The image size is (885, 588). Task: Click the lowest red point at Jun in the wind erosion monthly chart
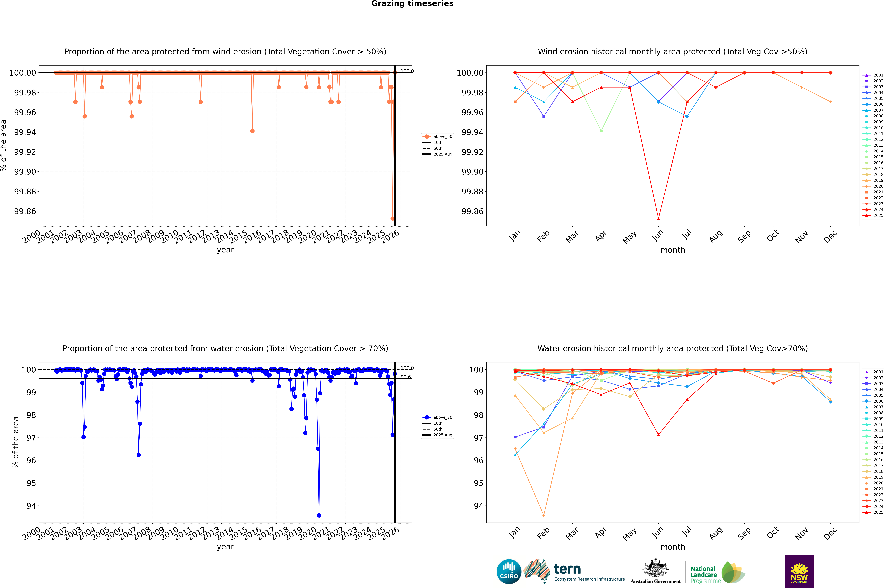tap(658, 219)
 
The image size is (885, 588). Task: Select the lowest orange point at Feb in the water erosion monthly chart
tap(544, 515)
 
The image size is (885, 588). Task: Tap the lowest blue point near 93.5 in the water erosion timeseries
tap(319, 515)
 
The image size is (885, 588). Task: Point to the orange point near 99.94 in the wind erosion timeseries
tap(252, 131)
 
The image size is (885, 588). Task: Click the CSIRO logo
tap(509, 572)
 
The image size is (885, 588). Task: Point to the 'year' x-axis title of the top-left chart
tap(225, 250)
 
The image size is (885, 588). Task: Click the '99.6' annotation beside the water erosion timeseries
tap(406, 377)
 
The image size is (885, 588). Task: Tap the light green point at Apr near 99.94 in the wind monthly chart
tap(601, 131)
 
